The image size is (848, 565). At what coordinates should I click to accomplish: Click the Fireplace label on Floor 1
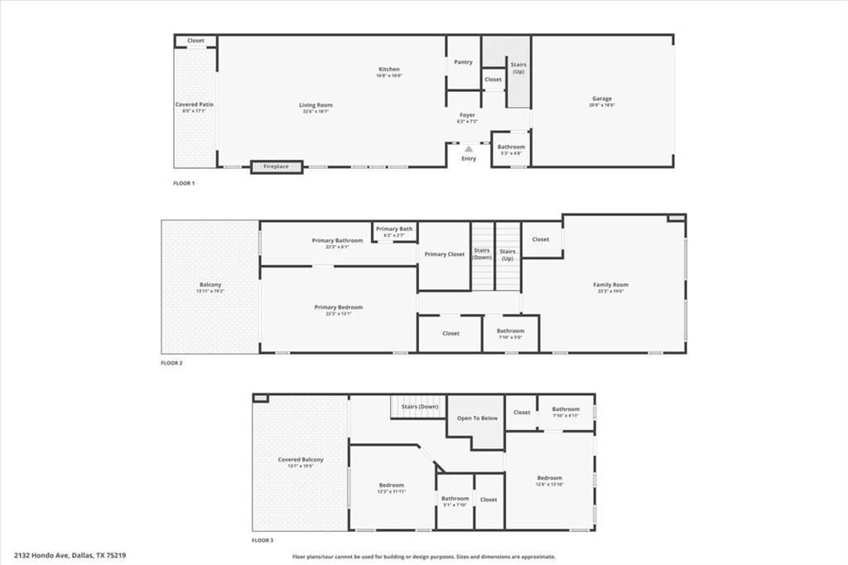277,167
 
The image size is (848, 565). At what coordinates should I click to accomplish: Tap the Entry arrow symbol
469,149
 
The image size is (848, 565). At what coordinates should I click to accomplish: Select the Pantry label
464,62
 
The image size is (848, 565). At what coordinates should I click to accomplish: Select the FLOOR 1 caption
184,183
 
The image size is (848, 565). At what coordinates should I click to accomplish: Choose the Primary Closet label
445,254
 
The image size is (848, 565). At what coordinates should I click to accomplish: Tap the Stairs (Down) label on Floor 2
482,254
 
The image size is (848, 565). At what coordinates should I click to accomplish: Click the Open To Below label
478,418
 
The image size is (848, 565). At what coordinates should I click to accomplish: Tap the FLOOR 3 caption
263,540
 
